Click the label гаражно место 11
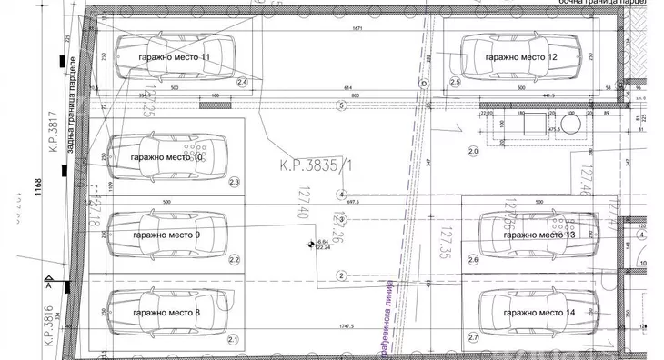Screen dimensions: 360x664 click(174, 57)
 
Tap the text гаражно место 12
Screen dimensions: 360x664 click(520, 57)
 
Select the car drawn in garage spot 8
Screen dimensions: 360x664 click(166, 313)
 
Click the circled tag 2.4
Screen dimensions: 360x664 click(242, 82)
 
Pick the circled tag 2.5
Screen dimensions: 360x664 click(456, 82)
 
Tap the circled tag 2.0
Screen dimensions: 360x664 click(472, 150)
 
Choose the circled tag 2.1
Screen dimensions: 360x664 click(232, 340)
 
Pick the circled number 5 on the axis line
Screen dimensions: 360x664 click(341, 105)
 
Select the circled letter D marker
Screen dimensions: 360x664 click(423, 83)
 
